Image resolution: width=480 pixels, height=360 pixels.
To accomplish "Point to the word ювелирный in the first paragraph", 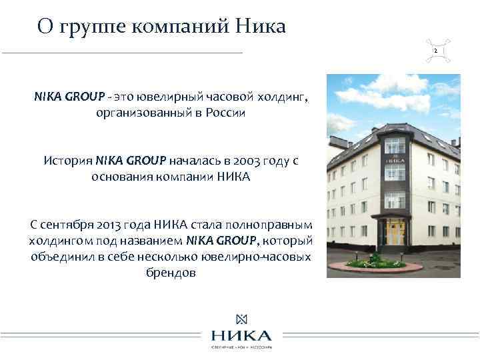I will click(151, 97).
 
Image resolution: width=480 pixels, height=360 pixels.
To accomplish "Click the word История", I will click(68, 161).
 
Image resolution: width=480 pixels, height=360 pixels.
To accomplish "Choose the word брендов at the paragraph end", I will click(170, 273).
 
